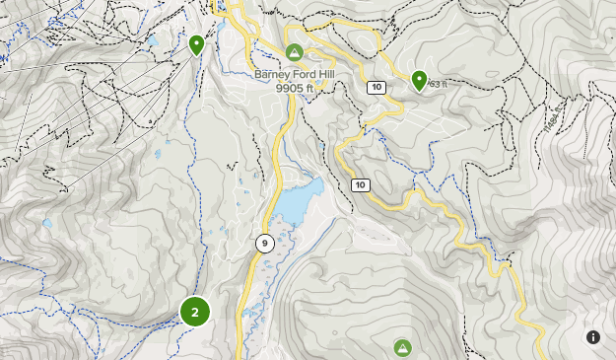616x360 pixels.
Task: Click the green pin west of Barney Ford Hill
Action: coord(196,44)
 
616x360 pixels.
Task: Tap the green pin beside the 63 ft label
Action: coord(419,79)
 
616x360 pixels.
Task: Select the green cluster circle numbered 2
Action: coord(195,312)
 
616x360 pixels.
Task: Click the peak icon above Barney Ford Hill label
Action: coord(293,52)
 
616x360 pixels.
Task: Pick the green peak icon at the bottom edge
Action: coord(402,347)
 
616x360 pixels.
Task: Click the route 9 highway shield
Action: coord(264,242)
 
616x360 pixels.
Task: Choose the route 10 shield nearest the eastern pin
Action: coord(376,88)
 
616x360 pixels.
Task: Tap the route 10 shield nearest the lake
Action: coord(360,184)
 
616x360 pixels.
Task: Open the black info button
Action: coord(593,337)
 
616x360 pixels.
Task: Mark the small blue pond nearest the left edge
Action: coord(46,224)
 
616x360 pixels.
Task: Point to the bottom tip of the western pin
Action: coord(196,56)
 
